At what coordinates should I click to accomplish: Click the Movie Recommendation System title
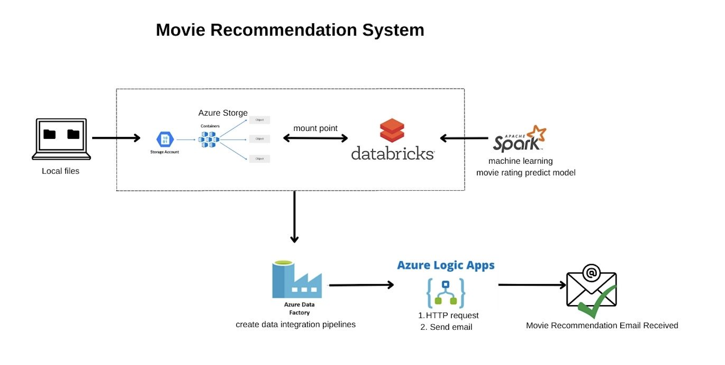290,30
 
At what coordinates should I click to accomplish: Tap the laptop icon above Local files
61,138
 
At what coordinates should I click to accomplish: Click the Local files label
61,171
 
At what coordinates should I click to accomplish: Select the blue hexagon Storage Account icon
165,140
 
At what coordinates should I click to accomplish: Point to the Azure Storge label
223,113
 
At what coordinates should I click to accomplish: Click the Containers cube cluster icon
209,140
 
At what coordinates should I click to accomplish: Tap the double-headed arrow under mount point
315,138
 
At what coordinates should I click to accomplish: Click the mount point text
315,128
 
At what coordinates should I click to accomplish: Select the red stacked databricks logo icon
392,130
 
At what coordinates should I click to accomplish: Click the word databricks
393,154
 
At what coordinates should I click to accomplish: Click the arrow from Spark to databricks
464,138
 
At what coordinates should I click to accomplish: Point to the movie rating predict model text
526,173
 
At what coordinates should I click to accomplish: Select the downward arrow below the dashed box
294,217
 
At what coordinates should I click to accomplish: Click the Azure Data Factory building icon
297,280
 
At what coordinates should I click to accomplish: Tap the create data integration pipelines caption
295,325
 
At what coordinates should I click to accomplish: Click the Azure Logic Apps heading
446,265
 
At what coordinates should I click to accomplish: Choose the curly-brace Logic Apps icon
446,293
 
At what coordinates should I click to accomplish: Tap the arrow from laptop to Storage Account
116,138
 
